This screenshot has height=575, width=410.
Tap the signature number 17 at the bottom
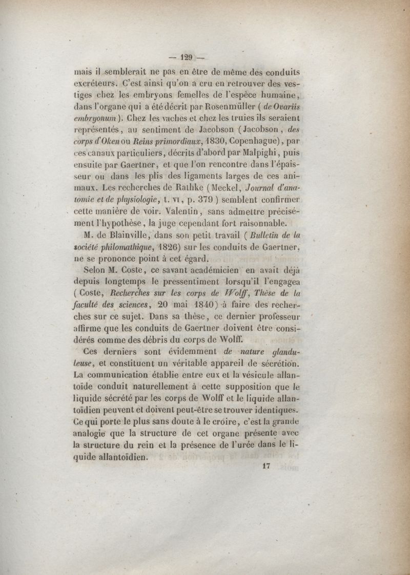pyautogui.click(x=265, y=466)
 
